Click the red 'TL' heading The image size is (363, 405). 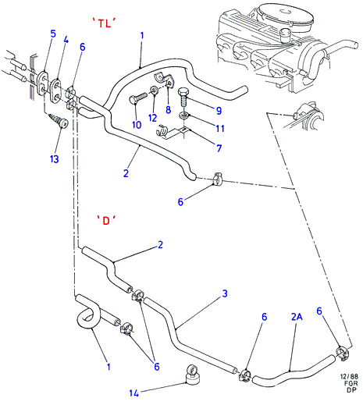click(104, 23)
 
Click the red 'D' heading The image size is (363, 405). click(106, 221)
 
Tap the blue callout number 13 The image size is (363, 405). click(55, 159)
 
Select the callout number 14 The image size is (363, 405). click(134, 393)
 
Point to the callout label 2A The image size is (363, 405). click(297, 317)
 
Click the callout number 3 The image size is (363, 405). click(225, 293)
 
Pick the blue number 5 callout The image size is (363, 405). click(53, 34)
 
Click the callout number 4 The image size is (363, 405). click(66, 40)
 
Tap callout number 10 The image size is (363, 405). click(137, 125)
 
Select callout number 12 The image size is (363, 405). click(153, 118)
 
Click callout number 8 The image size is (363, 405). click(169, 109)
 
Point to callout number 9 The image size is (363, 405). click(219, 111)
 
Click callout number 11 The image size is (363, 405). click(220, 128)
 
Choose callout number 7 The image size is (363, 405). click(219, 148)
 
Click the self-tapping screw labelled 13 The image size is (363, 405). click(59, 121)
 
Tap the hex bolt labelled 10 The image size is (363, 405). click(138, 98)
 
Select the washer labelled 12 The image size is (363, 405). click(154, 90)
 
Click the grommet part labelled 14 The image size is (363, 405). click(192, 375)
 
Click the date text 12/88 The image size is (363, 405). click(349, 377)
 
